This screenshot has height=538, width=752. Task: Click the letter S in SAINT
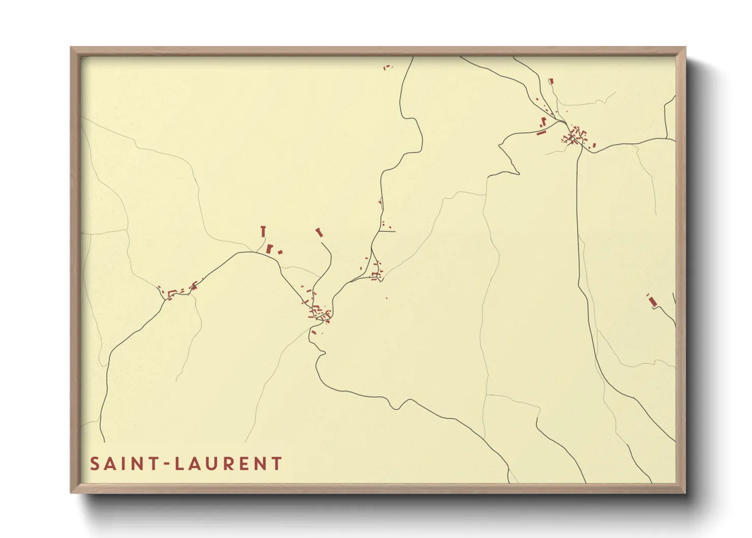point(95,464)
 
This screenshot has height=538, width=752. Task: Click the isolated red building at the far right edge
point(652,302)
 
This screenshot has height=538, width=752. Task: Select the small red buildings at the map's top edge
point(388,67)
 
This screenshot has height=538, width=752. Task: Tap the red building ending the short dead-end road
point(319,232)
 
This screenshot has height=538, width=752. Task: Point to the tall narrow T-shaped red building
point(263,231)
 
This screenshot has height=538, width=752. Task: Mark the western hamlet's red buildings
point(175,291)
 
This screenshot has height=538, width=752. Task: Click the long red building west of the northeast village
point(541,133)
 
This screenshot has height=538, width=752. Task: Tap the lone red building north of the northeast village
point(551,81)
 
